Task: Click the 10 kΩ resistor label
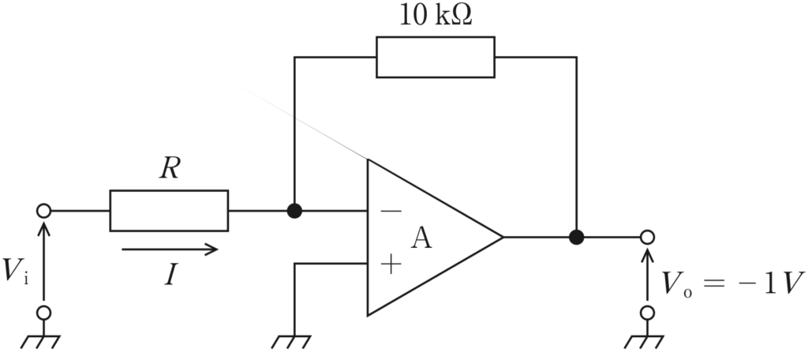coord(436,17)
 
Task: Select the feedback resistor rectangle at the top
coord(436,58)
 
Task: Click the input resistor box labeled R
coord(169,211)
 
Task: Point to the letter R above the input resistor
coord(170,169)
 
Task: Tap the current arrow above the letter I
coord(170,249)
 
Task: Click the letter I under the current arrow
coord(171,276)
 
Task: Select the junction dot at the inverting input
coord(294,211)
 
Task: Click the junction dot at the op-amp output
coord(577,238)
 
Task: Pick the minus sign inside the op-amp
coord(391,211)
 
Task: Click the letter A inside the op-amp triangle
coord(421,238)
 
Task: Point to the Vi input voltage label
coord(16,271)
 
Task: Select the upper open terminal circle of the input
coord(44,211)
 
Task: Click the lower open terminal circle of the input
coord(44,313)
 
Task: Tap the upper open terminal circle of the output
coord(647,238)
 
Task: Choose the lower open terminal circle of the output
coord(647,313)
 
